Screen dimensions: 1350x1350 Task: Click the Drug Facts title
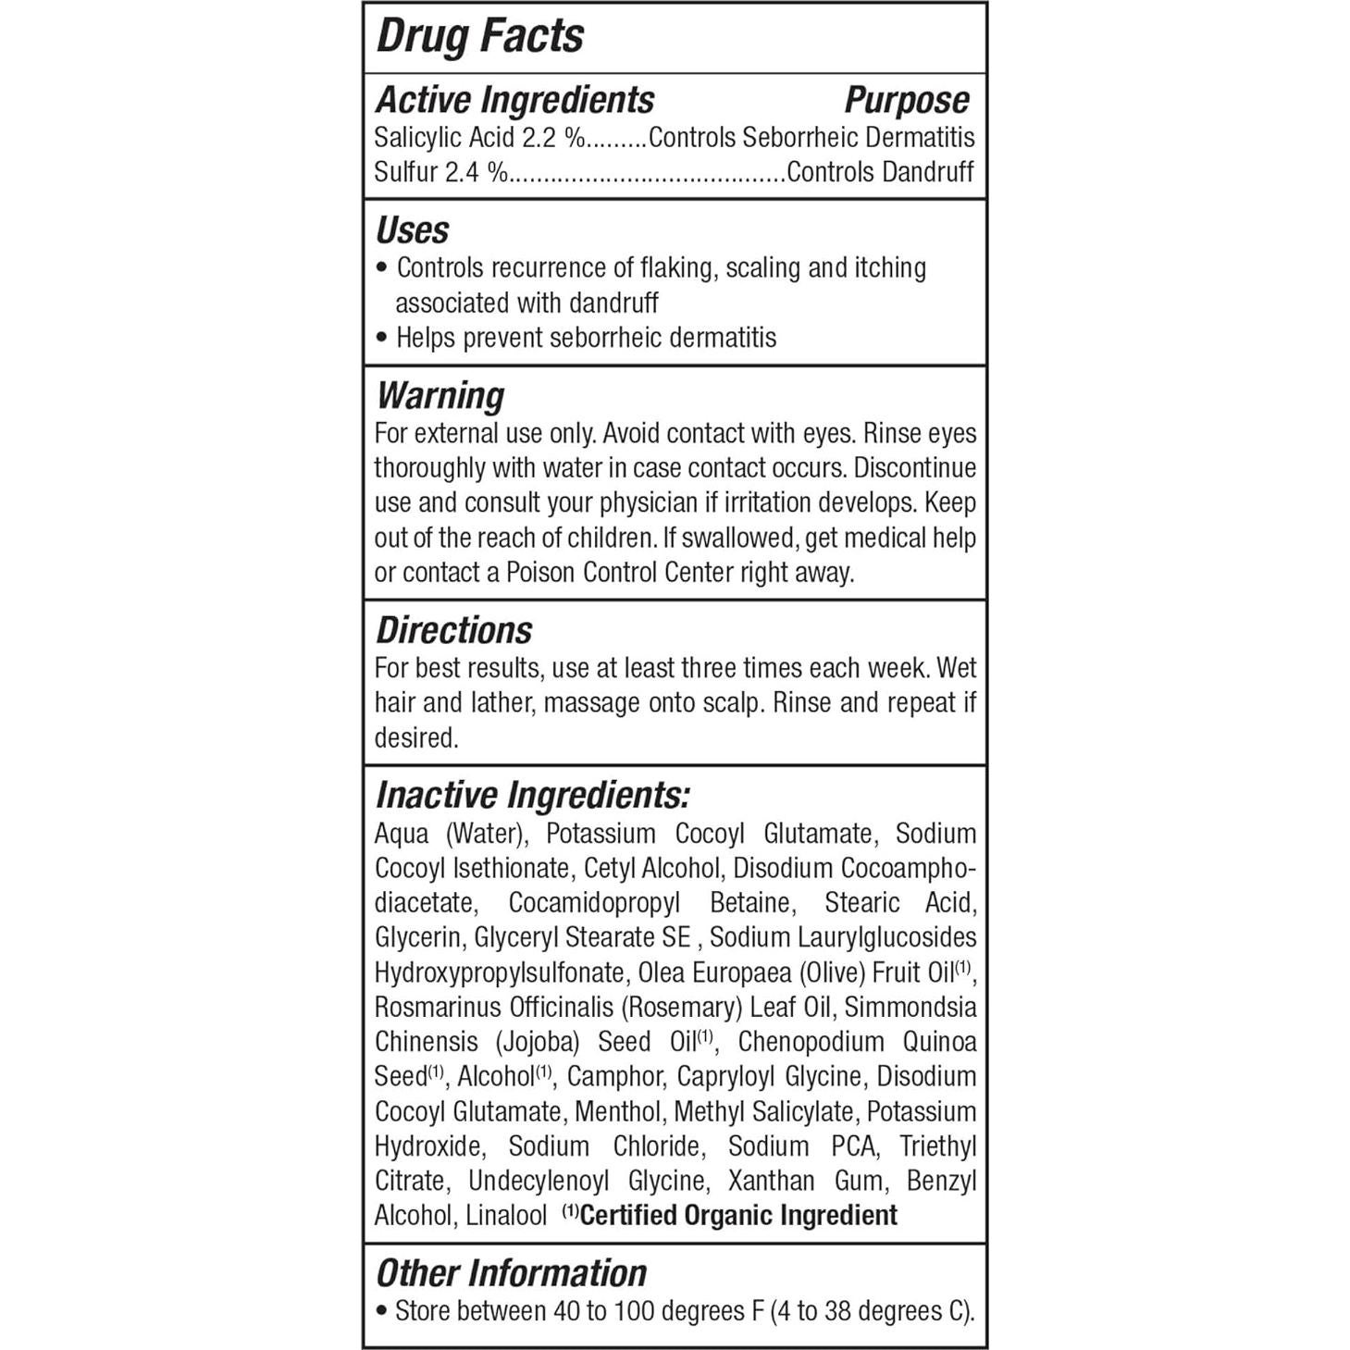pos(479,37)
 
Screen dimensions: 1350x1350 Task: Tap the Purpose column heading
pos(906,100)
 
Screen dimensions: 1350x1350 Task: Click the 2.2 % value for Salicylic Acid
pos(553,138)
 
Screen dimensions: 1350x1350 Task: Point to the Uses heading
pos(412,230)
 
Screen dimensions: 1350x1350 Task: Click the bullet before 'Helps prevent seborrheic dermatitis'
pos(382,339)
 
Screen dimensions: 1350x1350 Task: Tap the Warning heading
pos(440,396)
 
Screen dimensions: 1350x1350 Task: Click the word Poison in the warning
pos(540,573)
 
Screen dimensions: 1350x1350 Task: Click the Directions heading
pos(453,630)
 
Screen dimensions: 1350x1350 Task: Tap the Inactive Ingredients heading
pos(532,796)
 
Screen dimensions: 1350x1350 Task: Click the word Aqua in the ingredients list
pos(402,834)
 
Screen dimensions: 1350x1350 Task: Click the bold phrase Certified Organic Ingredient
pos(737,1216)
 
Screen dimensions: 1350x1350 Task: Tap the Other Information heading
pos(511,1273)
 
